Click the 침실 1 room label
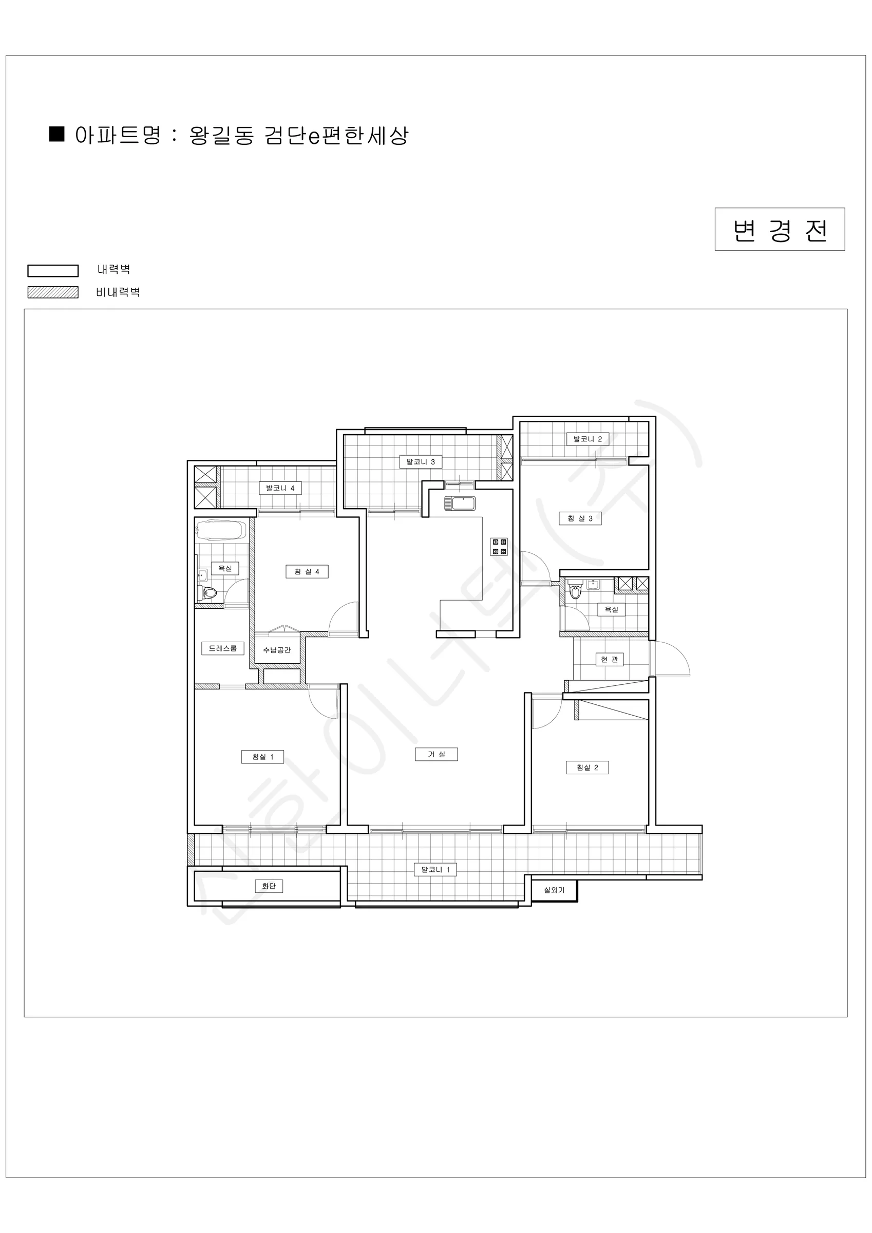[263, 757]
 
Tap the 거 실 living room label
[437, 754]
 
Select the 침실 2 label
[587, 768]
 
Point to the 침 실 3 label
[580, 518]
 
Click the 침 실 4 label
[307, 571]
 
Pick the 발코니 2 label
[587, 439]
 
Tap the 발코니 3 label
[421, 462]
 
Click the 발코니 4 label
[280, 488]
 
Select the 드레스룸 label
[223, 648]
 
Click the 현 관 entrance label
[610, 659]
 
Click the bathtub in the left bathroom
[222, 531]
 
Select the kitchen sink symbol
[460, 503]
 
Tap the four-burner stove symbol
[499, 547]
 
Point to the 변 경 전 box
[780, 229]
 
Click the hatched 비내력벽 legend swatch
[53, 292]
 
